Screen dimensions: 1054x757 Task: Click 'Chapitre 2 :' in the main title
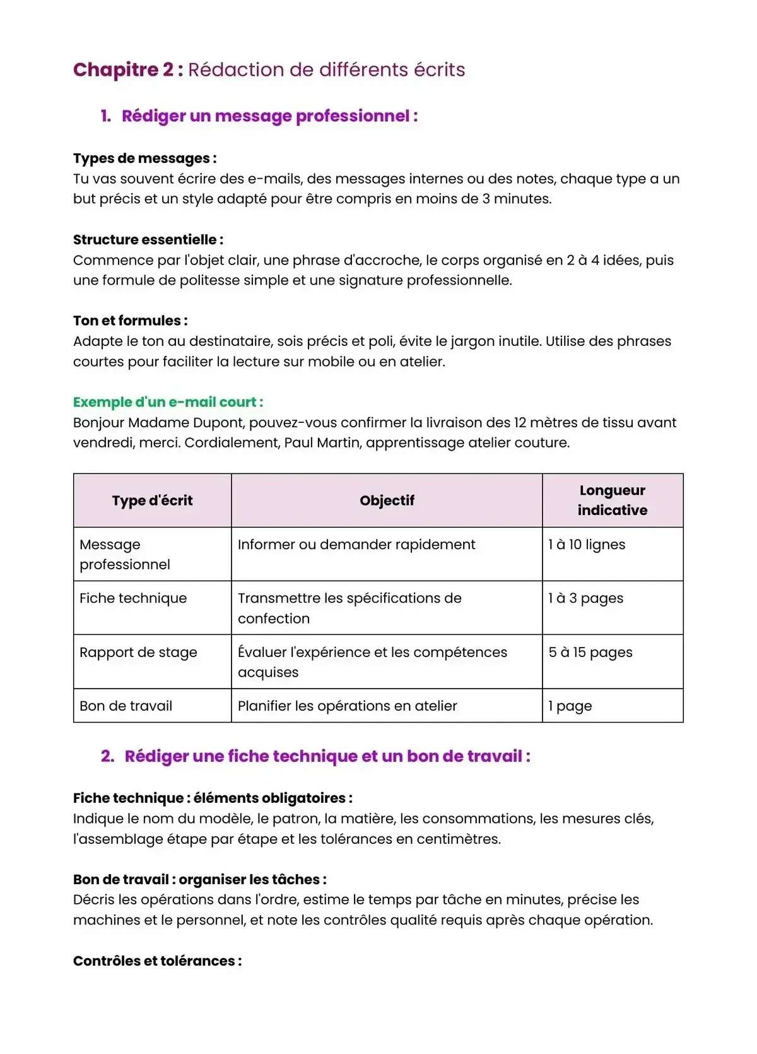128,69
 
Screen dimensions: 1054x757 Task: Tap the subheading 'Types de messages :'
144,158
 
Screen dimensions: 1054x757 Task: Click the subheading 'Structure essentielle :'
148,240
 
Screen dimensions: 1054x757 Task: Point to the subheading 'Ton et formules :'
130,321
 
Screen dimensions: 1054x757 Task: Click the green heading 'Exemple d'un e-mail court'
168,402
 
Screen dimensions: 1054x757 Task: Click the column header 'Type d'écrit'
152,500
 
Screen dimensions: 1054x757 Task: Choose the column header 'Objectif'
387,500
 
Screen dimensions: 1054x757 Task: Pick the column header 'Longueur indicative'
612,500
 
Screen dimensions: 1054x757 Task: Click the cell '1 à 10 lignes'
587,545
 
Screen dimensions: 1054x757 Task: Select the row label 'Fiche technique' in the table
133,598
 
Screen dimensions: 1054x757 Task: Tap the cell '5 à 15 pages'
590,653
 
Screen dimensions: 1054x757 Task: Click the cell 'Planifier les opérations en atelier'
347,706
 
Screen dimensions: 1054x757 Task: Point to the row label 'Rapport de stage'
138,653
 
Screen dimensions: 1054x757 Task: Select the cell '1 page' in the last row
570,706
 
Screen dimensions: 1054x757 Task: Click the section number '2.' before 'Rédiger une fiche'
107,756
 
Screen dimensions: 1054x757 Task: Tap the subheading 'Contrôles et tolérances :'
157,961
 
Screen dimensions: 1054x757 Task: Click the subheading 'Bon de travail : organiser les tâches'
199,880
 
